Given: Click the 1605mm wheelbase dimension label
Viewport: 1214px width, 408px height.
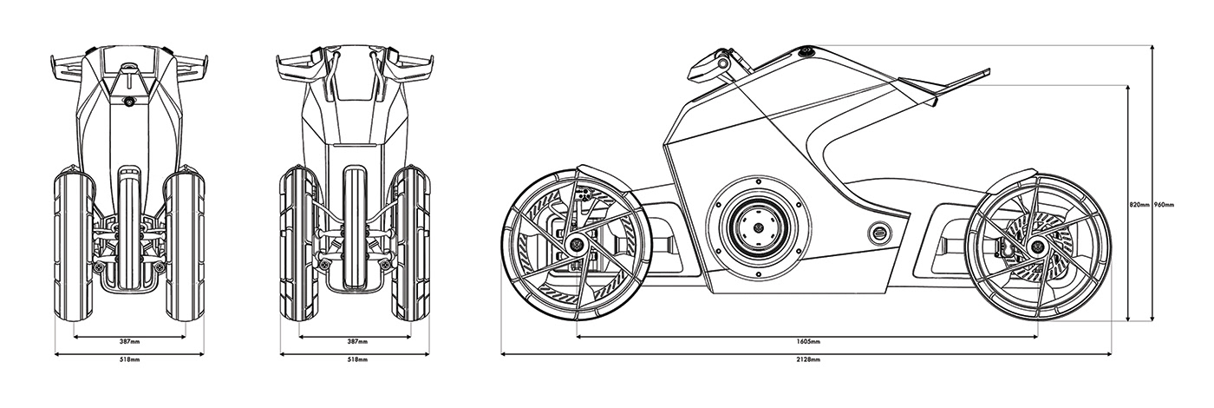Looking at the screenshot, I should pos(807,341).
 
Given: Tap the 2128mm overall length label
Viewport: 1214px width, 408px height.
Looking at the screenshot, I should pos(807,359).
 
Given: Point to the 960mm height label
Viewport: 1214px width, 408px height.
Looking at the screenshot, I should pos(1164,205).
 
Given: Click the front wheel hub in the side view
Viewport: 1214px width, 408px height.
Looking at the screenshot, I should pos(573,240).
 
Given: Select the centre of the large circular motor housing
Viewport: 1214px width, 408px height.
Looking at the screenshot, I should pos(758,228).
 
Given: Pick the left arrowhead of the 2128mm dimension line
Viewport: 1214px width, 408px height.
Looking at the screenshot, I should pos(504,353).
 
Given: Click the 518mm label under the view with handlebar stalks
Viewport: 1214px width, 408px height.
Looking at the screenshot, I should pos(355,359).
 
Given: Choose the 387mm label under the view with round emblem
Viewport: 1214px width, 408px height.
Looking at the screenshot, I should pos(129,341).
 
